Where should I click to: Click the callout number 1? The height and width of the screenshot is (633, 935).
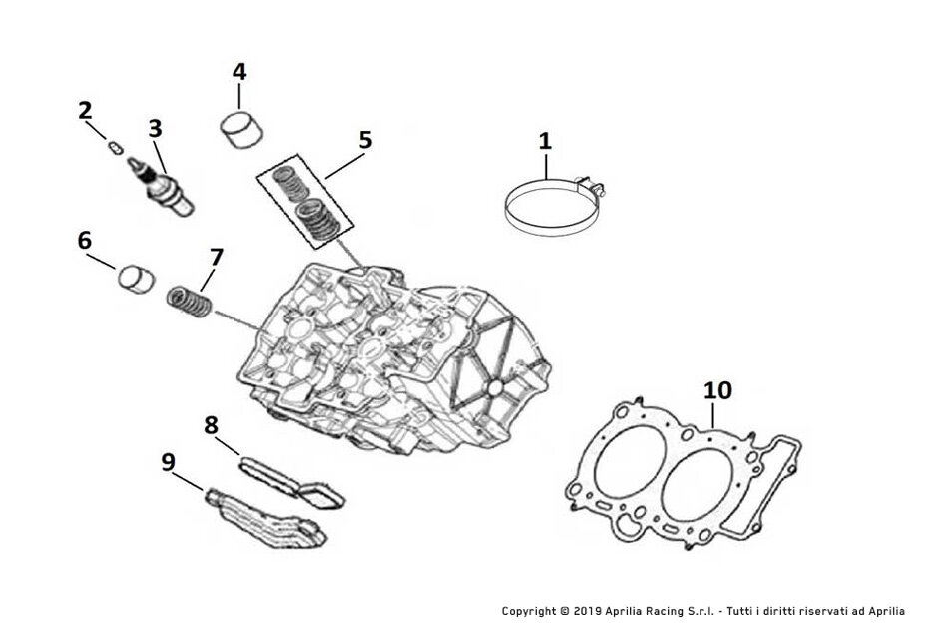tap(545, 142)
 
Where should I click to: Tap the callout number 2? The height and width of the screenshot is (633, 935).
tap(85, 111)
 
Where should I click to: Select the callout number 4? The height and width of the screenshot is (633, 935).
tap(238, 72)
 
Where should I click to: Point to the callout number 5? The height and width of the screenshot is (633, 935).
tap(365, 140)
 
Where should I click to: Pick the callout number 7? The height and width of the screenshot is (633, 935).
tap(216, 258)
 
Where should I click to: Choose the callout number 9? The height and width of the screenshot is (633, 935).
tap(169, 462)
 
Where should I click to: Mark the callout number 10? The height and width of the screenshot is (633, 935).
tap(717, 390)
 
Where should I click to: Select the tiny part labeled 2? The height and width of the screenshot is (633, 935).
tap(116, 146)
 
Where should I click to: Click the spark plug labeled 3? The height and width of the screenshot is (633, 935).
tap(160, 186)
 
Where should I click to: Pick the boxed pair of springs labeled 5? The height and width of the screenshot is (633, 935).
tap(305, 201)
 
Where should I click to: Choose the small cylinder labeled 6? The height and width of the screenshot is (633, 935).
tap(136, 279)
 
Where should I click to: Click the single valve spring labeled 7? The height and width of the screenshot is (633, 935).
tap(189, 302)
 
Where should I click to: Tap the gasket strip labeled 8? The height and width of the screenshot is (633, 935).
tap(291, 482)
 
